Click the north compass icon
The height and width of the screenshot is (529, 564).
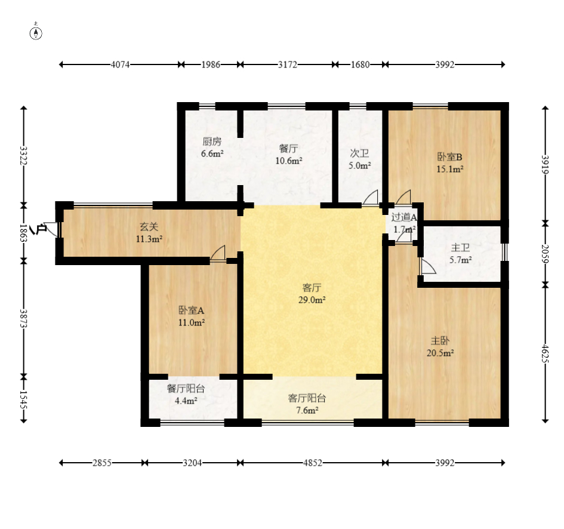tap(36, 33)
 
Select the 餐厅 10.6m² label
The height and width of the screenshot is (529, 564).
tap(288, 155)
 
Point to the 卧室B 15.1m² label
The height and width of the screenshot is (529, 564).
tap(449, 162)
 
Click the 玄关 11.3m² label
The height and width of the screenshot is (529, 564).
tap(149, 232)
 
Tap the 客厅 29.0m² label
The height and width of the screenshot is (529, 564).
tap(312, 294)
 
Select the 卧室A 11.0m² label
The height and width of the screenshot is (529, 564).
tap(192, 316)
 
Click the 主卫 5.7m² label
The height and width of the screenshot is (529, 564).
tap(460, 253)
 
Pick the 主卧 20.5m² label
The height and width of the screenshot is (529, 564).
tap(440, 346)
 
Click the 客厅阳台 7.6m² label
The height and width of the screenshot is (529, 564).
tap(307, 404)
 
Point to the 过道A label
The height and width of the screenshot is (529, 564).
tap(404, 217)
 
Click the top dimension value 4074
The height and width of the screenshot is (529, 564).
tap(120, 64)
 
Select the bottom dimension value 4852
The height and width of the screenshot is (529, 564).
tap(313, 463)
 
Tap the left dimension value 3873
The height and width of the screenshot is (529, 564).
tap(23, 318)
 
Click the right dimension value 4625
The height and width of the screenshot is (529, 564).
tap(545, 353)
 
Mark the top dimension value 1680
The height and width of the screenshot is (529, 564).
tap(360, 64)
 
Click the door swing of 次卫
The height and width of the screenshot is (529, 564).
tap(371, 198)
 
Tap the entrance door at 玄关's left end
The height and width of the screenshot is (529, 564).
tap(52, 229)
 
